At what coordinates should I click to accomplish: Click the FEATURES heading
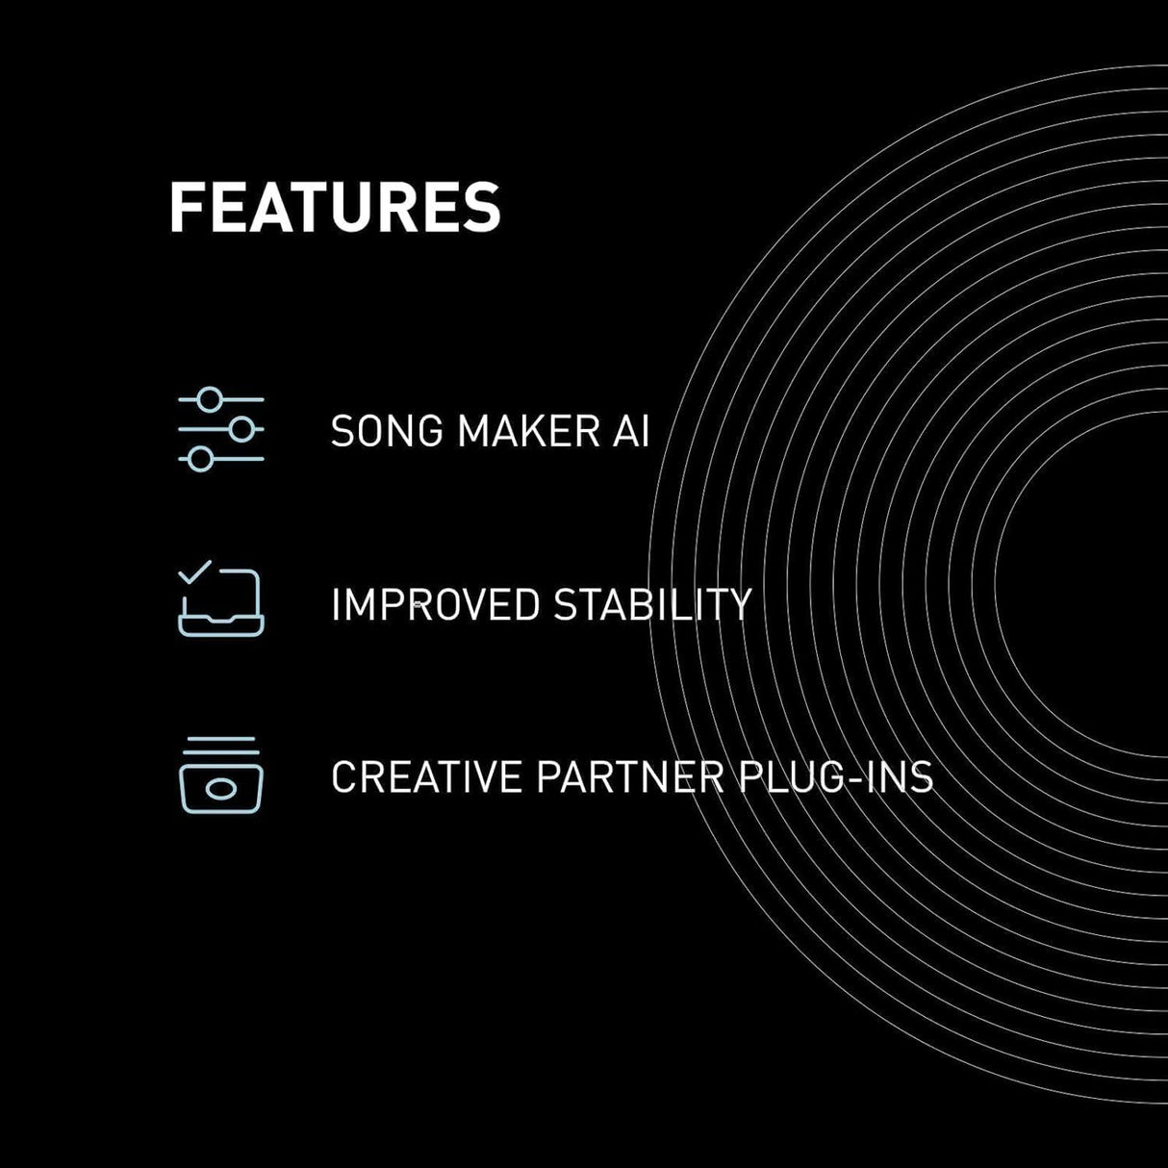click(335, 207)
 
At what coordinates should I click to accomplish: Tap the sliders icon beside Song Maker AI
click(221, 429)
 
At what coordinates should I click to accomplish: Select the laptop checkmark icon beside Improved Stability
click(221, 601)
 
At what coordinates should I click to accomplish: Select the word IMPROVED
click(435, 605)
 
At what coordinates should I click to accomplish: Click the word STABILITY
click(652, 605)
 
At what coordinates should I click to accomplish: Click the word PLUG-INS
click(836, 777)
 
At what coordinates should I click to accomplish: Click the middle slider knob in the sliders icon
click(241, 429)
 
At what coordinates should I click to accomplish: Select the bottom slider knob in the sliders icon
click(200, 459)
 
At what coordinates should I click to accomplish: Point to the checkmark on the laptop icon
click(194, 572)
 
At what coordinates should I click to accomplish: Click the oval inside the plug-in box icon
click(221, 790)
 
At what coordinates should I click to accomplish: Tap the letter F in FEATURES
click(185, 207)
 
